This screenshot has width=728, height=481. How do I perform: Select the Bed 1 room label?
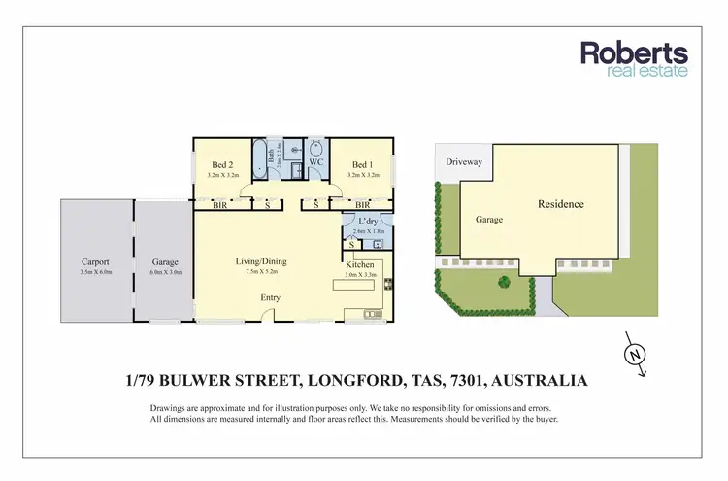363,166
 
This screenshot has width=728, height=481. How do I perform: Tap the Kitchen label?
359,264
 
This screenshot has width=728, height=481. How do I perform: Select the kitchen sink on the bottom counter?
369,314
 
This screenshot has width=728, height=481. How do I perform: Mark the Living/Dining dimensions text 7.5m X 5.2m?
261,272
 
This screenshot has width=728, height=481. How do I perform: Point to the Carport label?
95,262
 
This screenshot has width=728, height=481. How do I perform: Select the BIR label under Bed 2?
219,205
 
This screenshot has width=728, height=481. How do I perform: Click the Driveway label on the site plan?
463,161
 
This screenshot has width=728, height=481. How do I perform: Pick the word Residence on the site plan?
561,204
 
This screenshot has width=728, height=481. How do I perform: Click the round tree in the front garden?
503,283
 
